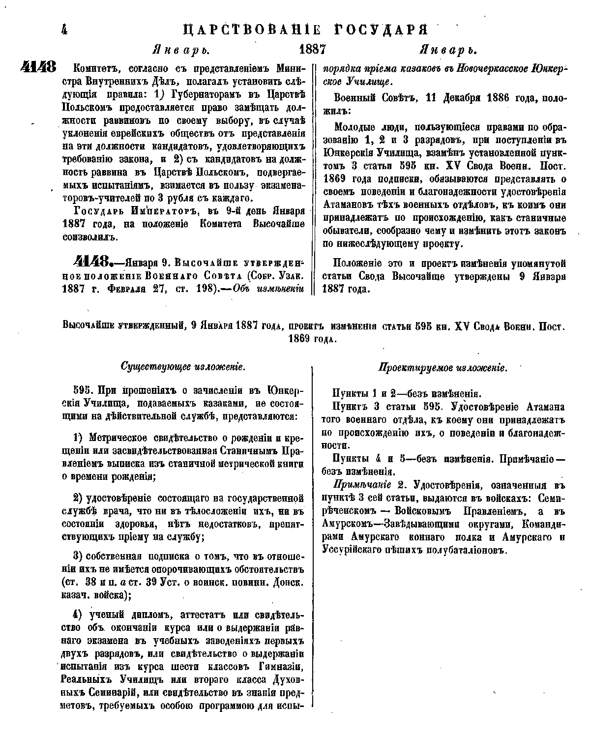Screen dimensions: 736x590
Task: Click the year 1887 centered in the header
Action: click(313, 50)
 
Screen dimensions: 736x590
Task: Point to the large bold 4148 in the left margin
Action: click(40, 67)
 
